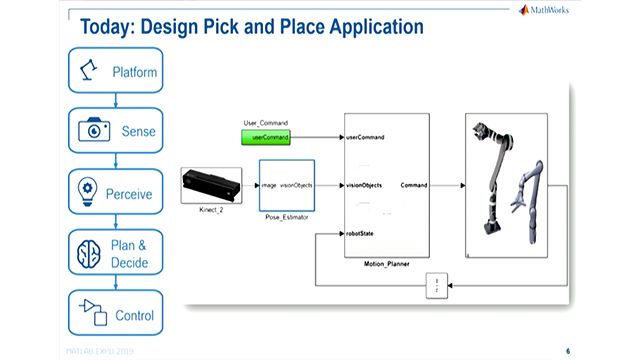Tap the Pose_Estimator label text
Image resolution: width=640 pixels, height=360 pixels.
click(286, 214)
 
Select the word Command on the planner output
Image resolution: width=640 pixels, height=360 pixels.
click(415, 185)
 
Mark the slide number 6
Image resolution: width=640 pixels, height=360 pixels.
click(568, 351)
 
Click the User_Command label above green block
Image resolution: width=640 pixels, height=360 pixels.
click(264, 122)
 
